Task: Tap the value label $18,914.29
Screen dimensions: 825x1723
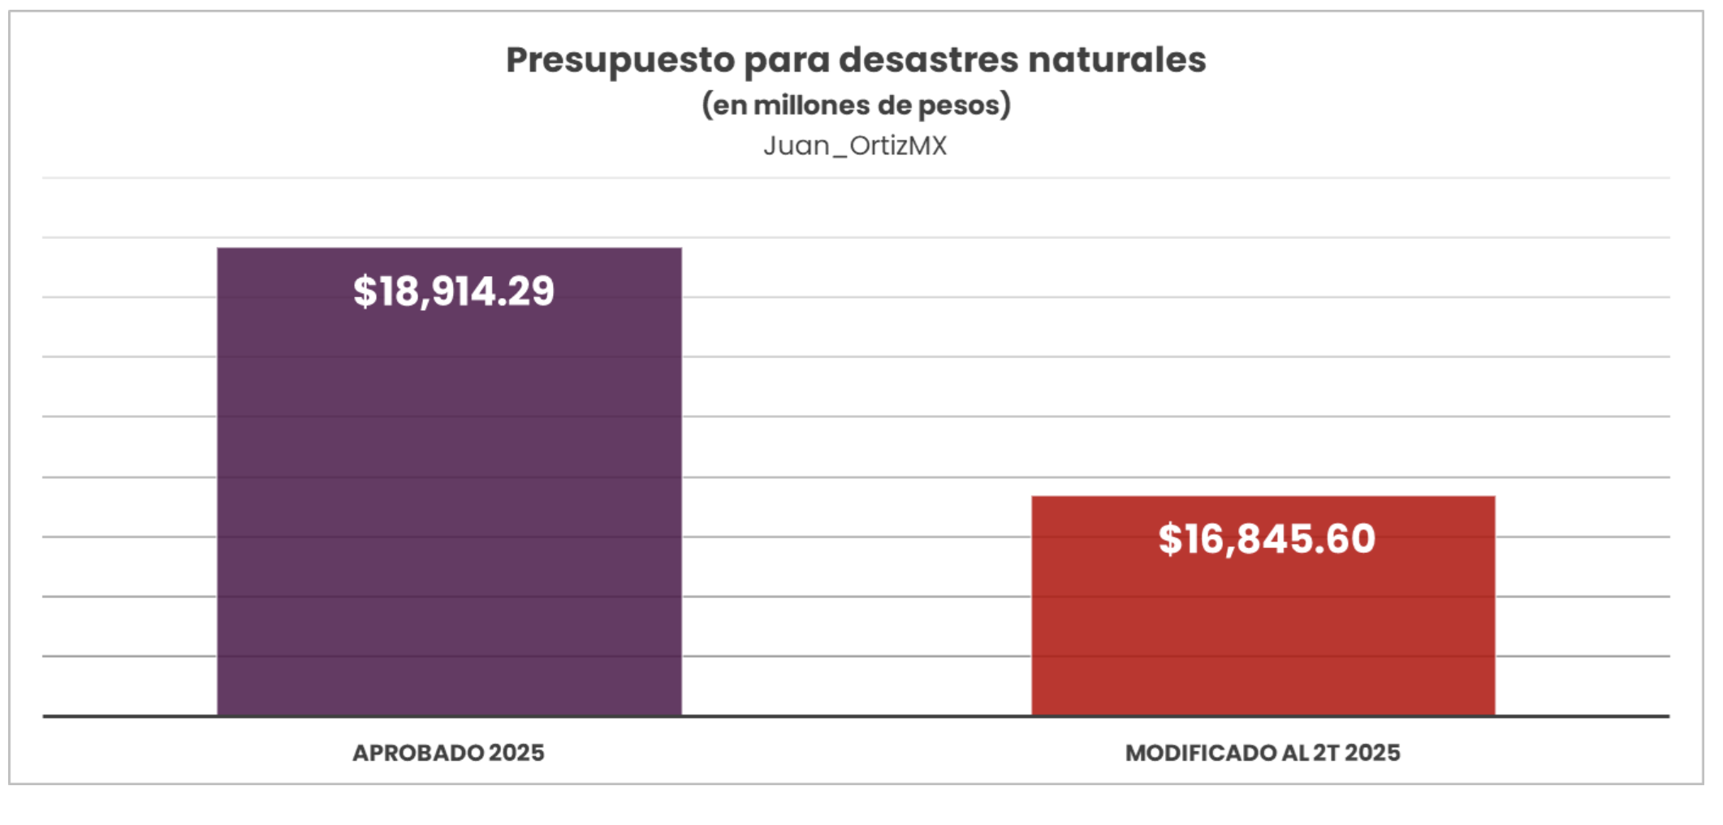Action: point(454,292)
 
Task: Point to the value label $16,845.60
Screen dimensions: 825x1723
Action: point(1267,539)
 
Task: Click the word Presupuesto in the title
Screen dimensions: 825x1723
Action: point(620,61)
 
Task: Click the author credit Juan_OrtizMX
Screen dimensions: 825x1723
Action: point(855,146)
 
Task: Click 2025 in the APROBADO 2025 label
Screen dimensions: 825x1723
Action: point(516,754)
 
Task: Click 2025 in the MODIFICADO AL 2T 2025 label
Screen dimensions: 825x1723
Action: point(1372,754)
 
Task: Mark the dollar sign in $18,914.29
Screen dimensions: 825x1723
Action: point(365,292)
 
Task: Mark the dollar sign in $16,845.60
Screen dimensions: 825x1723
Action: point(1170,539)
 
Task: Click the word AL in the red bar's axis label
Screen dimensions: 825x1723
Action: point(1296,754)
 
